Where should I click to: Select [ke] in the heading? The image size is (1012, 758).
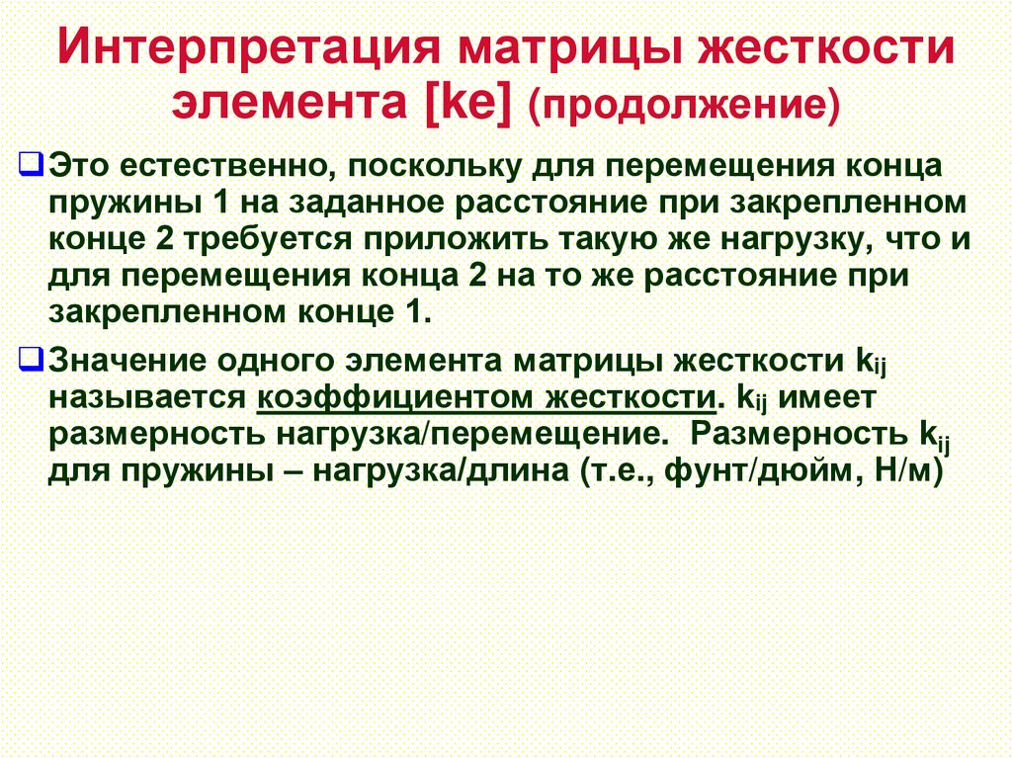[467, 103]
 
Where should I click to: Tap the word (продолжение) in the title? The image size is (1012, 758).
[683, 104]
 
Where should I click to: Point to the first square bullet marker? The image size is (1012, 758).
[30, 165]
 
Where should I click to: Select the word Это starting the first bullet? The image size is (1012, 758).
[80, 166]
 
